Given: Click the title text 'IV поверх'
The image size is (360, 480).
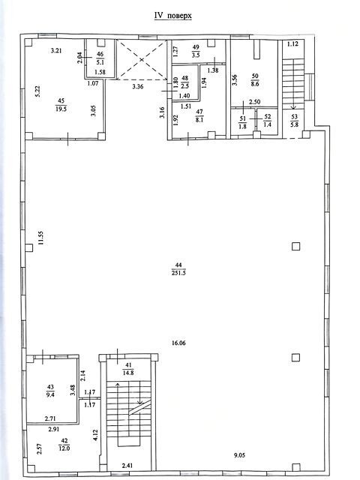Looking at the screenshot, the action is pos(173,15).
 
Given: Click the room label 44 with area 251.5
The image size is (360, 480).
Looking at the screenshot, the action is pos(178,269).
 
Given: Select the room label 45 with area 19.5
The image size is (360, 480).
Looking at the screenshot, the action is pos(61,105).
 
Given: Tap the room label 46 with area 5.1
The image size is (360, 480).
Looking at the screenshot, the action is pos(100,58).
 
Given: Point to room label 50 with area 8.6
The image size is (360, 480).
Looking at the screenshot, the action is pos(255,80).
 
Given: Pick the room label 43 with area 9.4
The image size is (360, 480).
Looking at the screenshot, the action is pos(50,391).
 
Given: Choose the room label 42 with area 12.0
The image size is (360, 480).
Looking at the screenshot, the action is pos(64,445).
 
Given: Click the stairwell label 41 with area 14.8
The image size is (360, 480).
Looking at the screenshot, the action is pos(128,369).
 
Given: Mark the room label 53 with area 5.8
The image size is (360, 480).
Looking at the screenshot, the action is pos(295,121).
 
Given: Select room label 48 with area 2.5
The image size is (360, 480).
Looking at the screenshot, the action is pos(185,82).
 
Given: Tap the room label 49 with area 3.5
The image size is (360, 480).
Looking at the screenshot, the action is pos(196,51).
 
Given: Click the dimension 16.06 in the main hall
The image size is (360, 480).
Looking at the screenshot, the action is pos(178,343).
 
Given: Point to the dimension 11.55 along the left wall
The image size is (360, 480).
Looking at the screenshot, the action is pos(41,238).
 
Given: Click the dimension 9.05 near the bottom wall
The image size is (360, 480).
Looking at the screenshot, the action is pos(240,455).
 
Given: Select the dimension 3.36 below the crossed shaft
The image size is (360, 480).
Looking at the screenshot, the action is pos(138,86).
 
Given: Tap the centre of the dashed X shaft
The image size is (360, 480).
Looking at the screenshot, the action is pos(142,60).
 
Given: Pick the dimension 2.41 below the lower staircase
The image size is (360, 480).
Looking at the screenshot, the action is pos(127,466).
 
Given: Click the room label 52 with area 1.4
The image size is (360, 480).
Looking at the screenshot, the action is pos(267,121).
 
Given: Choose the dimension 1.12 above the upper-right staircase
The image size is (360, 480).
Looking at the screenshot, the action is pos(292,43).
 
